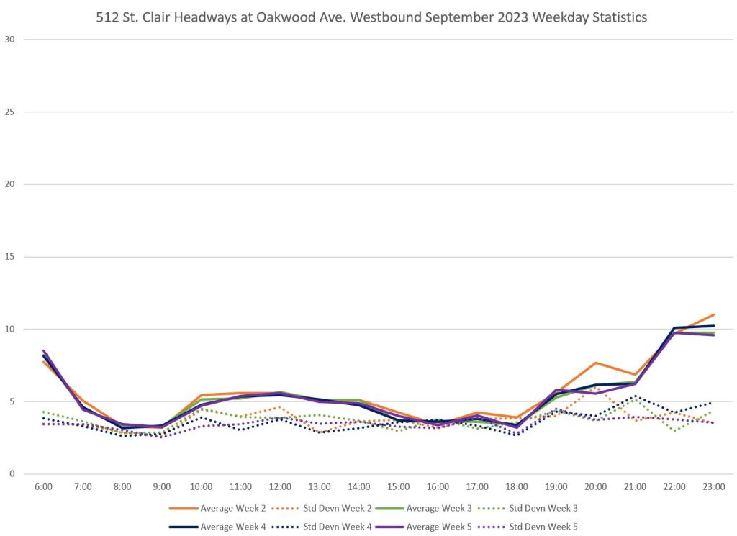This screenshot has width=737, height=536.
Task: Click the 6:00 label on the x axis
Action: point(44,487)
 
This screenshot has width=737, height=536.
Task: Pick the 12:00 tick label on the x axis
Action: point(280,487)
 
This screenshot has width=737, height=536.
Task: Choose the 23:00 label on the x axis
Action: point(713,487)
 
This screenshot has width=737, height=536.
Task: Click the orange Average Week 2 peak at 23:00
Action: point(713,314)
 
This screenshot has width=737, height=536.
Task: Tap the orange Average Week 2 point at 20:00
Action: point(595,363)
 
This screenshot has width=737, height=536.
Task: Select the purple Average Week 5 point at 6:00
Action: point(44,351)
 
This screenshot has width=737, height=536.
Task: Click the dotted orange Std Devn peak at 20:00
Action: point(595,388)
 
